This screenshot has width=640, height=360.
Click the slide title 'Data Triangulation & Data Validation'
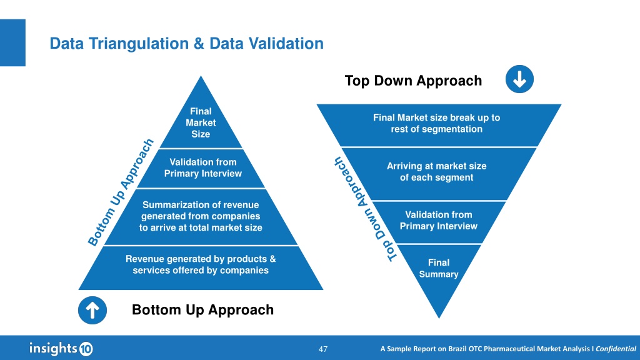[x=186, y=44]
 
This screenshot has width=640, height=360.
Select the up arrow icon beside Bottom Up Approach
[x=92, y=311]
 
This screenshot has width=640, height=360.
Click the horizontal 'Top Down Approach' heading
[x=413, y=81]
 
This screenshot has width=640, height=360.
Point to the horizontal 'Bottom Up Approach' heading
[x=202, y=310]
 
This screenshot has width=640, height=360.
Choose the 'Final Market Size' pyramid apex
[x=201, y=122]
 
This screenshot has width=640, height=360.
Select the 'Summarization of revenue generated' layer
[x=201, y=216]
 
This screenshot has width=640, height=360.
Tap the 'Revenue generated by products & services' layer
[x=201, y=265]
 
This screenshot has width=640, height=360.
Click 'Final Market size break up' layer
[x=436, y=123]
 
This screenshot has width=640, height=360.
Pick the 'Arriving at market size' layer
[x=436, y=172]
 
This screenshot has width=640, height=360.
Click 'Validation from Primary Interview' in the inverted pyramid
[x=438, y=221]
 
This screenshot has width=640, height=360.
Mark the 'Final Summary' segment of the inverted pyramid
[x=438, y=269]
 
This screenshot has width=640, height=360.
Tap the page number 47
[x=323, y=349]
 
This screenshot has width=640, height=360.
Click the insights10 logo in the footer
[x=61, y=348]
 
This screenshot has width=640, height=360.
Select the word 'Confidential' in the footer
[x=616, y=349]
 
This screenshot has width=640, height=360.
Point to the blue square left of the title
[x=12, y=42]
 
